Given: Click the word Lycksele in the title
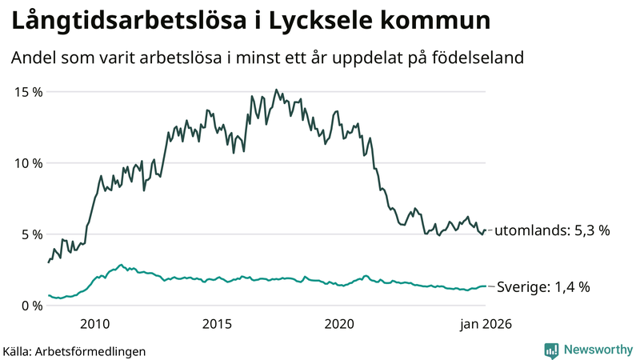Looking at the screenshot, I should point(303,22).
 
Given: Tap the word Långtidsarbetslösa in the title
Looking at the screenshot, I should point(117,22).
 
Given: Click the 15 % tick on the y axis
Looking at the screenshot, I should point(28,92).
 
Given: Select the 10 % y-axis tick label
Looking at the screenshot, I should point(28,163).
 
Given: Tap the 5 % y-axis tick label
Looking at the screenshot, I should point(31,234).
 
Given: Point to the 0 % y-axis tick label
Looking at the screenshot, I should point(31,306).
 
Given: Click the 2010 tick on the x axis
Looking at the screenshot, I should point(94,324).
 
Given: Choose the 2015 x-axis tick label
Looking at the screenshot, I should point(217,324).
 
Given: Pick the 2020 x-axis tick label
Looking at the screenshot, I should point(339,324).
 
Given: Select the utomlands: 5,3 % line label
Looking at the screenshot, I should point(552,230).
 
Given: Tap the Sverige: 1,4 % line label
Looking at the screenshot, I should point(543,286).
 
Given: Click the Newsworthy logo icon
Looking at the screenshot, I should point(551,350).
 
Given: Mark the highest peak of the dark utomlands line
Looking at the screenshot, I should point(276,90).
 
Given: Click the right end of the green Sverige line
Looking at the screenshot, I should point(485,286).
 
